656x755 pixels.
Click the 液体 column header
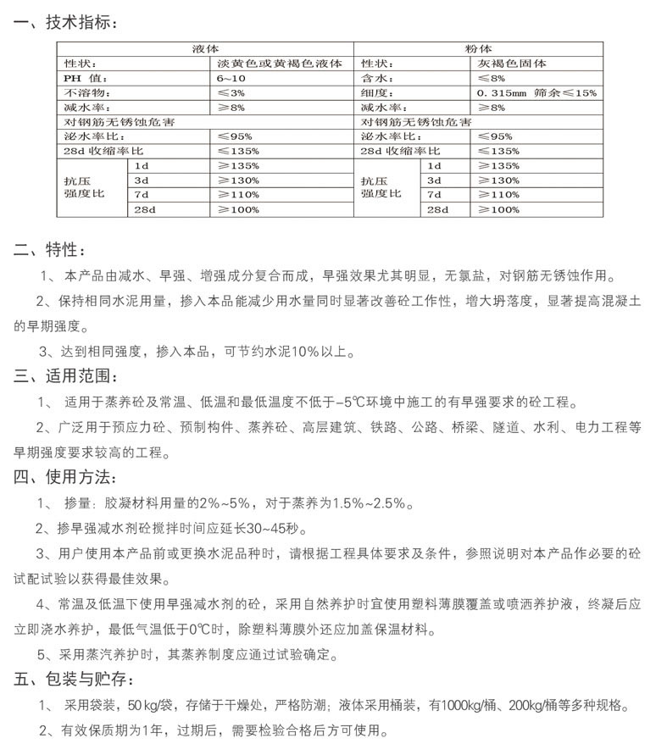(x=204, y=50)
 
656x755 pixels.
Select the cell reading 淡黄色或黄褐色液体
(x=267, y=64)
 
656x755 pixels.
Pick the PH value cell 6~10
(x=229, y=78)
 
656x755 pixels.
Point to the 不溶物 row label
(x=87, y=92)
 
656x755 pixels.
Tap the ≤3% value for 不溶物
(x=230, y=92)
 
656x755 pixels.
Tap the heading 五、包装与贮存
(x=73, y=680)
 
